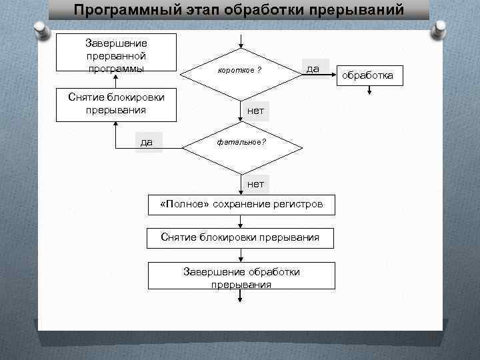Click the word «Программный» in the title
point(121,11)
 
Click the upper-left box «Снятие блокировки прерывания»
point(116,104)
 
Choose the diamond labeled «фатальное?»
point(241,143)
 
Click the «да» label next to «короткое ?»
point(312,69)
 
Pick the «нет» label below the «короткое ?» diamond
point(255,111)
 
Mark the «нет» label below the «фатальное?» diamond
point(255,183)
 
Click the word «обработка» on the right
point(368,75)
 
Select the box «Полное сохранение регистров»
point(241,205)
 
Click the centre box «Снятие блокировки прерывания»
point(241,237)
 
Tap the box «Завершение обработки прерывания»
point(241,277)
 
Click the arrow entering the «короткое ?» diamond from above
point(241,40)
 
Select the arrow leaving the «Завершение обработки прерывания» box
point(241,298)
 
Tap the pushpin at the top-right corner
point(440,30)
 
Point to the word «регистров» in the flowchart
point(296,205)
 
